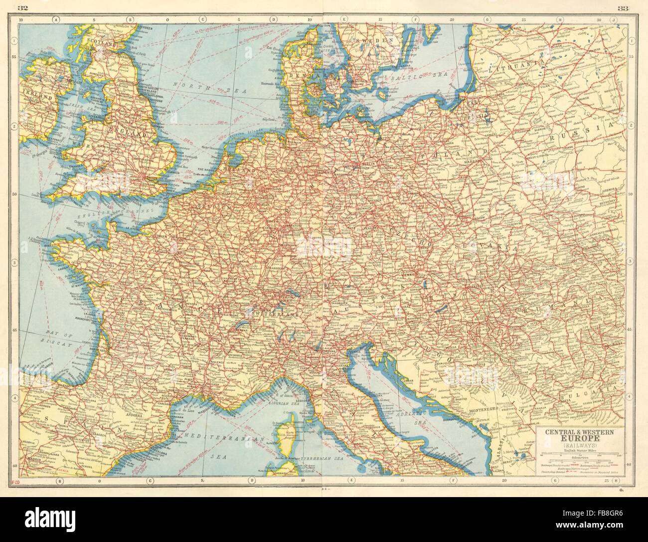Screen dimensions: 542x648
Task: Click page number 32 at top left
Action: pyautogui.click(x=22, y=7)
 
